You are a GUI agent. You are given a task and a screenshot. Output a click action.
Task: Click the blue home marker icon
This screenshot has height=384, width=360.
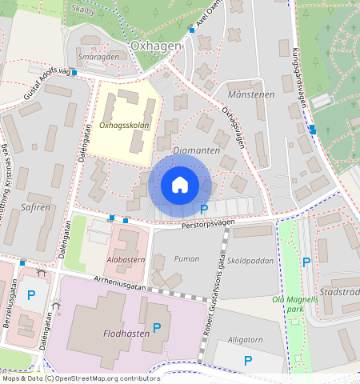[x=180, y=185]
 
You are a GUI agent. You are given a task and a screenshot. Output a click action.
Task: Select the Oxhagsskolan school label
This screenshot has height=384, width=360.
[x=123, y=125]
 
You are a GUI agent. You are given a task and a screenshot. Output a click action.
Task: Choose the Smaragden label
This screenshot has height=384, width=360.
[x=98, y=58]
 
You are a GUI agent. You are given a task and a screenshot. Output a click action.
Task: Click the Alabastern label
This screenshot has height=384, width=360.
[x=125, y=260]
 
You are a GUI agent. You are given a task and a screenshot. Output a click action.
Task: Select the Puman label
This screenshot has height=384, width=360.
[x=186, y=258]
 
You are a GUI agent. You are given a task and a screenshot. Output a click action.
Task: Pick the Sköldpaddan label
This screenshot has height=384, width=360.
[x=251, y=260]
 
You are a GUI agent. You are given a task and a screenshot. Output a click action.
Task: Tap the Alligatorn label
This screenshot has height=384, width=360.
[x=246, y=339]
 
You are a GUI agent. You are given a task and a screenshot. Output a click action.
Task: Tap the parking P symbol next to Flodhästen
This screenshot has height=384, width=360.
[x=157, y=327]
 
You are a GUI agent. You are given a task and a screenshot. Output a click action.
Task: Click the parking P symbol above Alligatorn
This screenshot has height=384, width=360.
[x=248, y=361]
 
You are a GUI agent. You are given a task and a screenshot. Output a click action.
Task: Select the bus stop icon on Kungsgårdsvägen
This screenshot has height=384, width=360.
[x=312, y=130]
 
